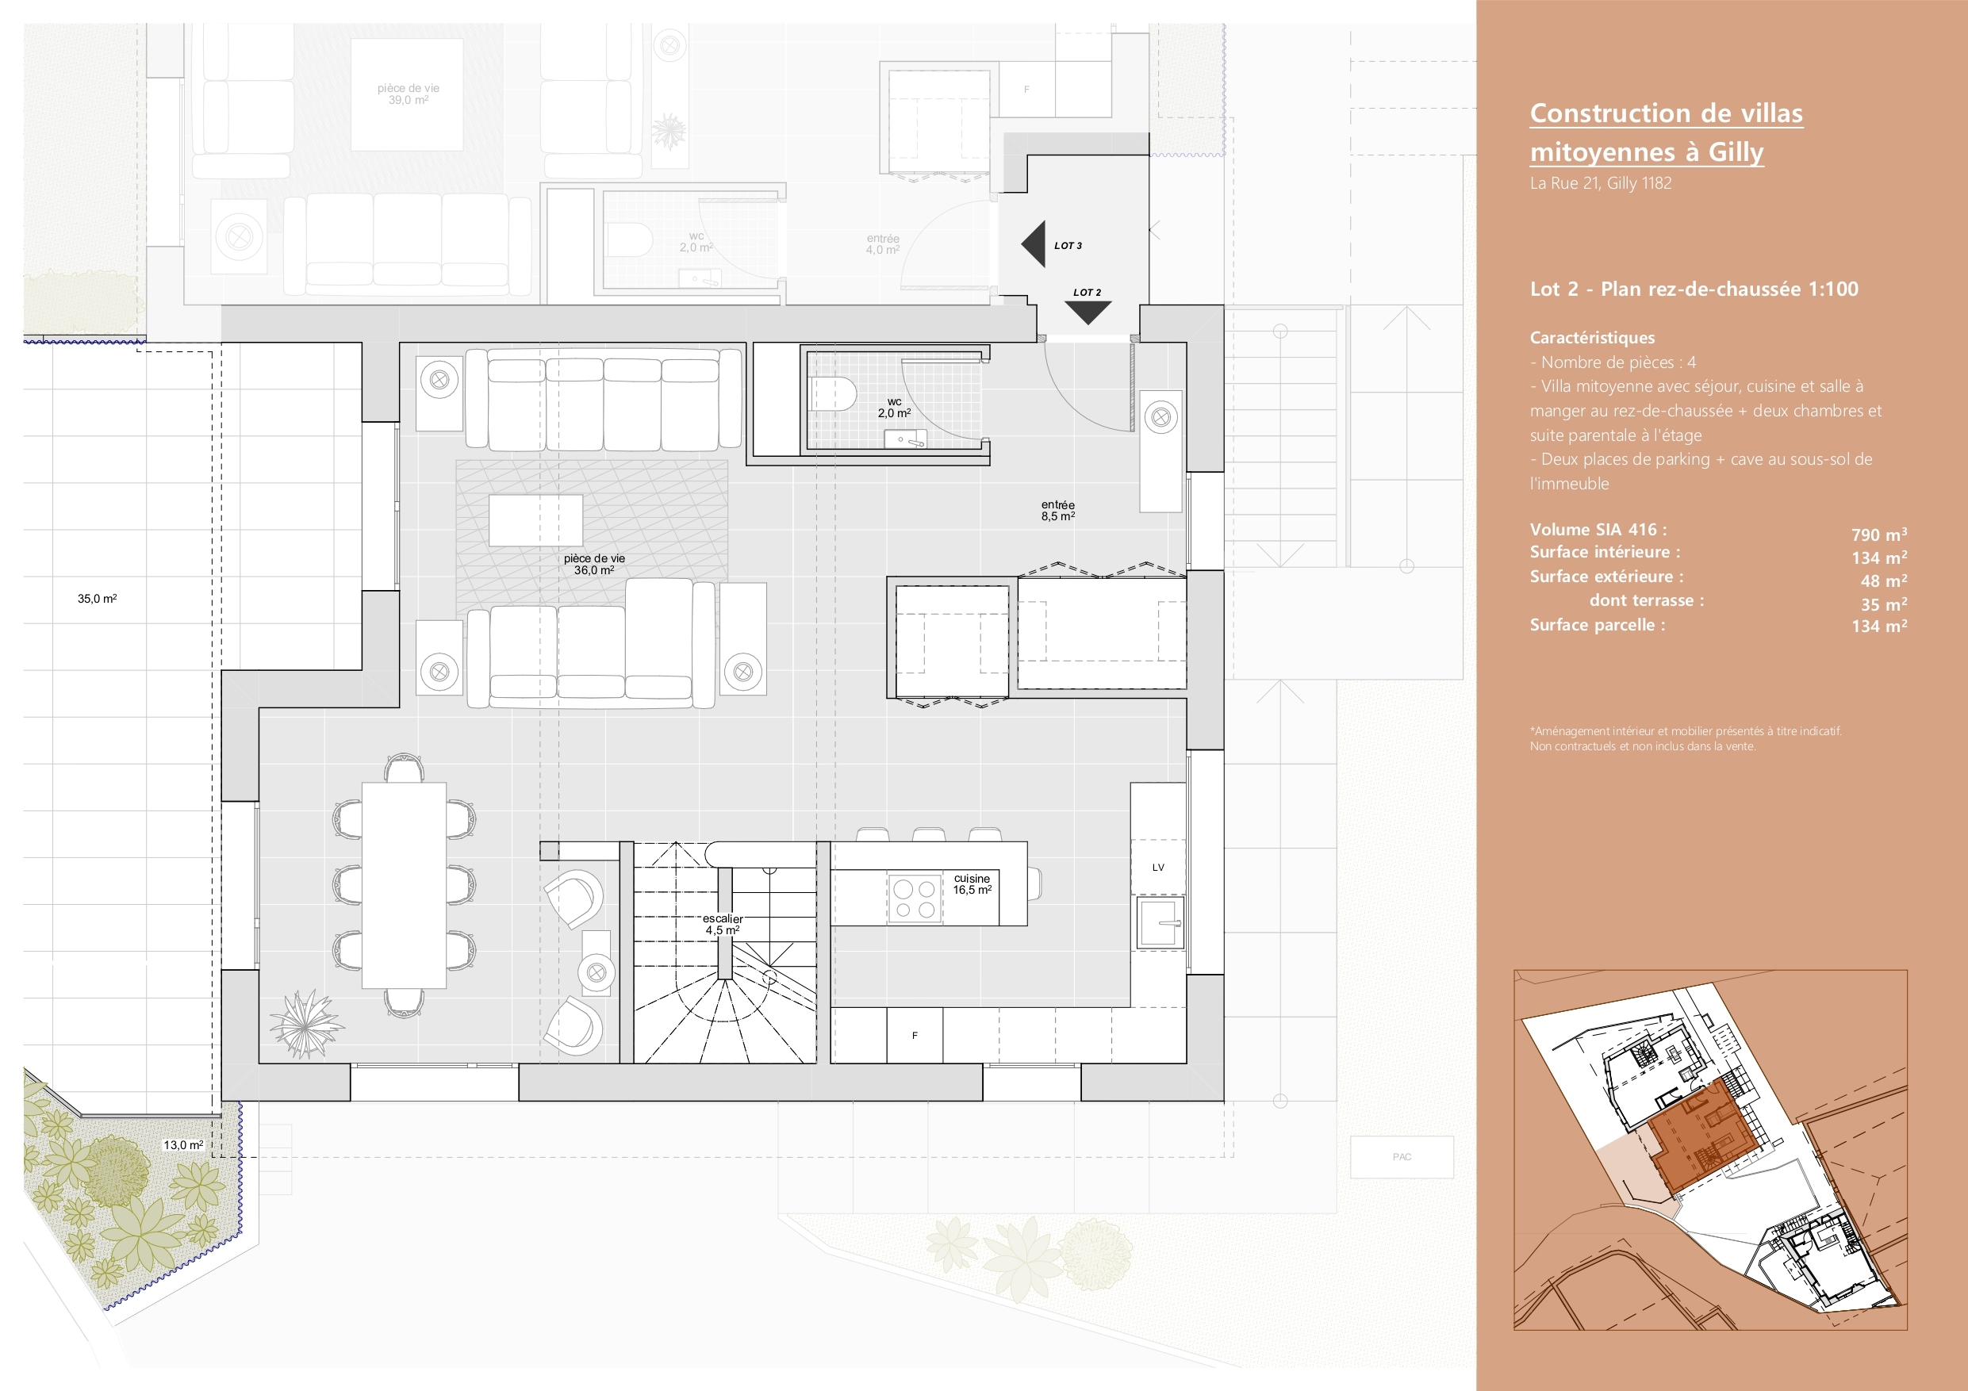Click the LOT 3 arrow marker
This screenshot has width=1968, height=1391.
(x=1034, y=244)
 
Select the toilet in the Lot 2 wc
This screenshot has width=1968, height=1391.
(x=833, y=393)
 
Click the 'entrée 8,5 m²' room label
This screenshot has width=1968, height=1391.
(x=1057, y=511)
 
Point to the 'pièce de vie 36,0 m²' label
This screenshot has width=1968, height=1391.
(x=594, y=564)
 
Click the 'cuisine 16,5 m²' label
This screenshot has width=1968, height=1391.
(x=972, y=883)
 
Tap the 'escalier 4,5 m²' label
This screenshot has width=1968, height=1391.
(x=723, y=924)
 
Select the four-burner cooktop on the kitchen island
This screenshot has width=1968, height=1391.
(x=915, y=899)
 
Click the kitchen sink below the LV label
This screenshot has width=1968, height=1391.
(x=1160, y=922)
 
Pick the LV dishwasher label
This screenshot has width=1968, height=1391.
(x=1158, y=868)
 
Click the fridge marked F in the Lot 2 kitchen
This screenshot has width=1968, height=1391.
(x=915, y=1036)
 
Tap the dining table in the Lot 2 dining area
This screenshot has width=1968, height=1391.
(x=404, y=885)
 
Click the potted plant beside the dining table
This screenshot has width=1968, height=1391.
(x=305, y=1023)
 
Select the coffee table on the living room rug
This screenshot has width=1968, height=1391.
(x=535, y=520)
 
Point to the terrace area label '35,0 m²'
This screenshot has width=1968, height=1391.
(x=97, y=598)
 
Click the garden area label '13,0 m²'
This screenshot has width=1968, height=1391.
(x=183, y=1145)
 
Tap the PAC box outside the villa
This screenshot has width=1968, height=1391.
(x=1402, y=1157)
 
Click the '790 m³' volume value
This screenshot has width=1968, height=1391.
(x=1879, y=535)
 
